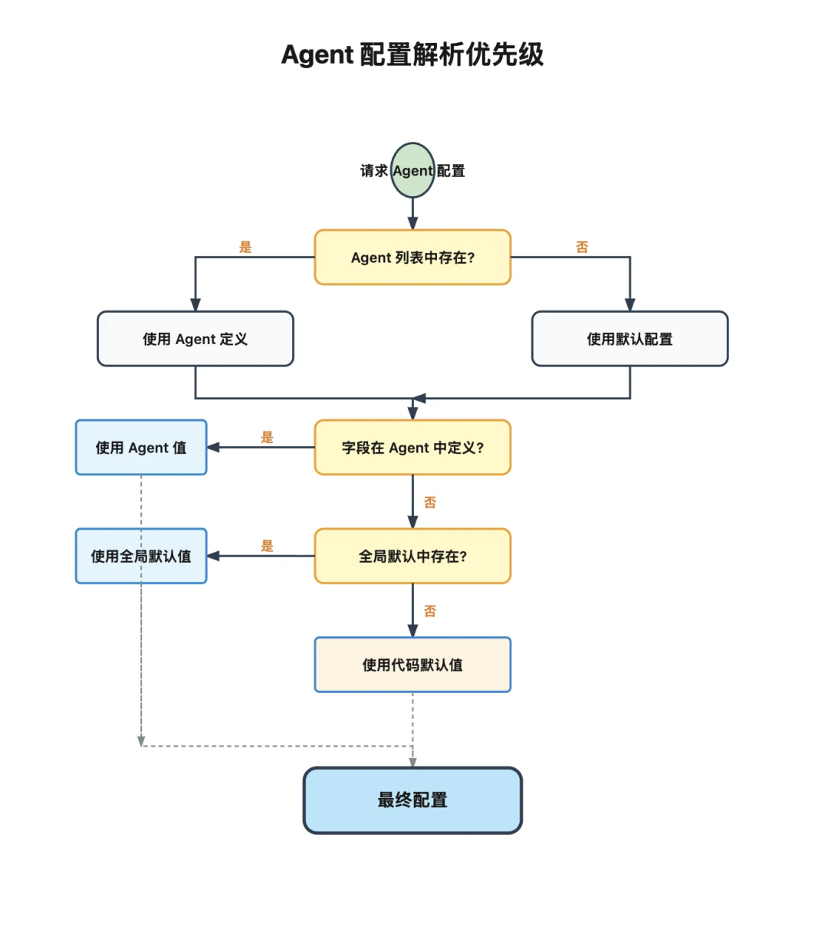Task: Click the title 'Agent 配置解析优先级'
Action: [412, 55]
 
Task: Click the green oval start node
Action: [412, 170]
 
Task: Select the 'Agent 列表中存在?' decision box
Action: [412, 258]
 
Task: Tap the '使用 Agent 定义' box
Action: [195, 339]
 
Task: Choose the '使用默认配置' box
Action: [629, 339]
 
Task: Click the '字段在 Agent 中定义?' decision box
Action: [412, 448]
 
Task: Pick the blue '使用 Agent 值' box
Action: [141, 448]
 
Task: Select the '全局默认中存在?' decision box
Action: [412, 557]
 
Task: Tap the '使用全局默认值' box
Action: [141, 557]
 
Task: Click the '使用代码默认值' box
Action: [412, 665]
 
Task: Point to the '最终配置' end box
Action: [412, 800]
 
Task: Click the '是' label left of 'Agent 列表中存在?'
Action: [245, 247]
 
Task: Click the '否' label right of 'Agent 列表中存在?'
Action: [582, 247]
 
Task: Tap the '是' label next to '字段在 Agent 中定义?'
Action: [267, 437]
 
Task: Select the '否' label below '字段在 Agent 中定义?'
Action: [430, 502]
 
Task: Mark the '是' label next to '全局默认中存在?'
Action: [267, 546]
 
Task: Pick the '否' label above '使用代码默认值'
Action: [430, 611]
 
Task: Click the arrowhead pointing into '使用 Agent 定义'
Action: [195, 305]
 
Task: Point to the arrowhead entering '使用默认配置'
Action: [629, 305]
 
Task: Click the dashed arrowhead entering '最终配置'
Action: [412, 763]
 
